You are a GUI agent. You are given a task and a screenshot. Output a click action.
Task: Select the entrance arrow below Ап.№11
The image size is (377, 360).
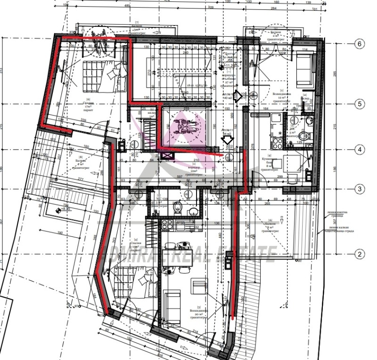coord(227,140)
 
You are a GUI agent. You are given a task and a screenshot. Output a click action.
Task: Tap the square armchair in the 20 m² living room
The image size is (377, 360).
coord(199,286)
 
